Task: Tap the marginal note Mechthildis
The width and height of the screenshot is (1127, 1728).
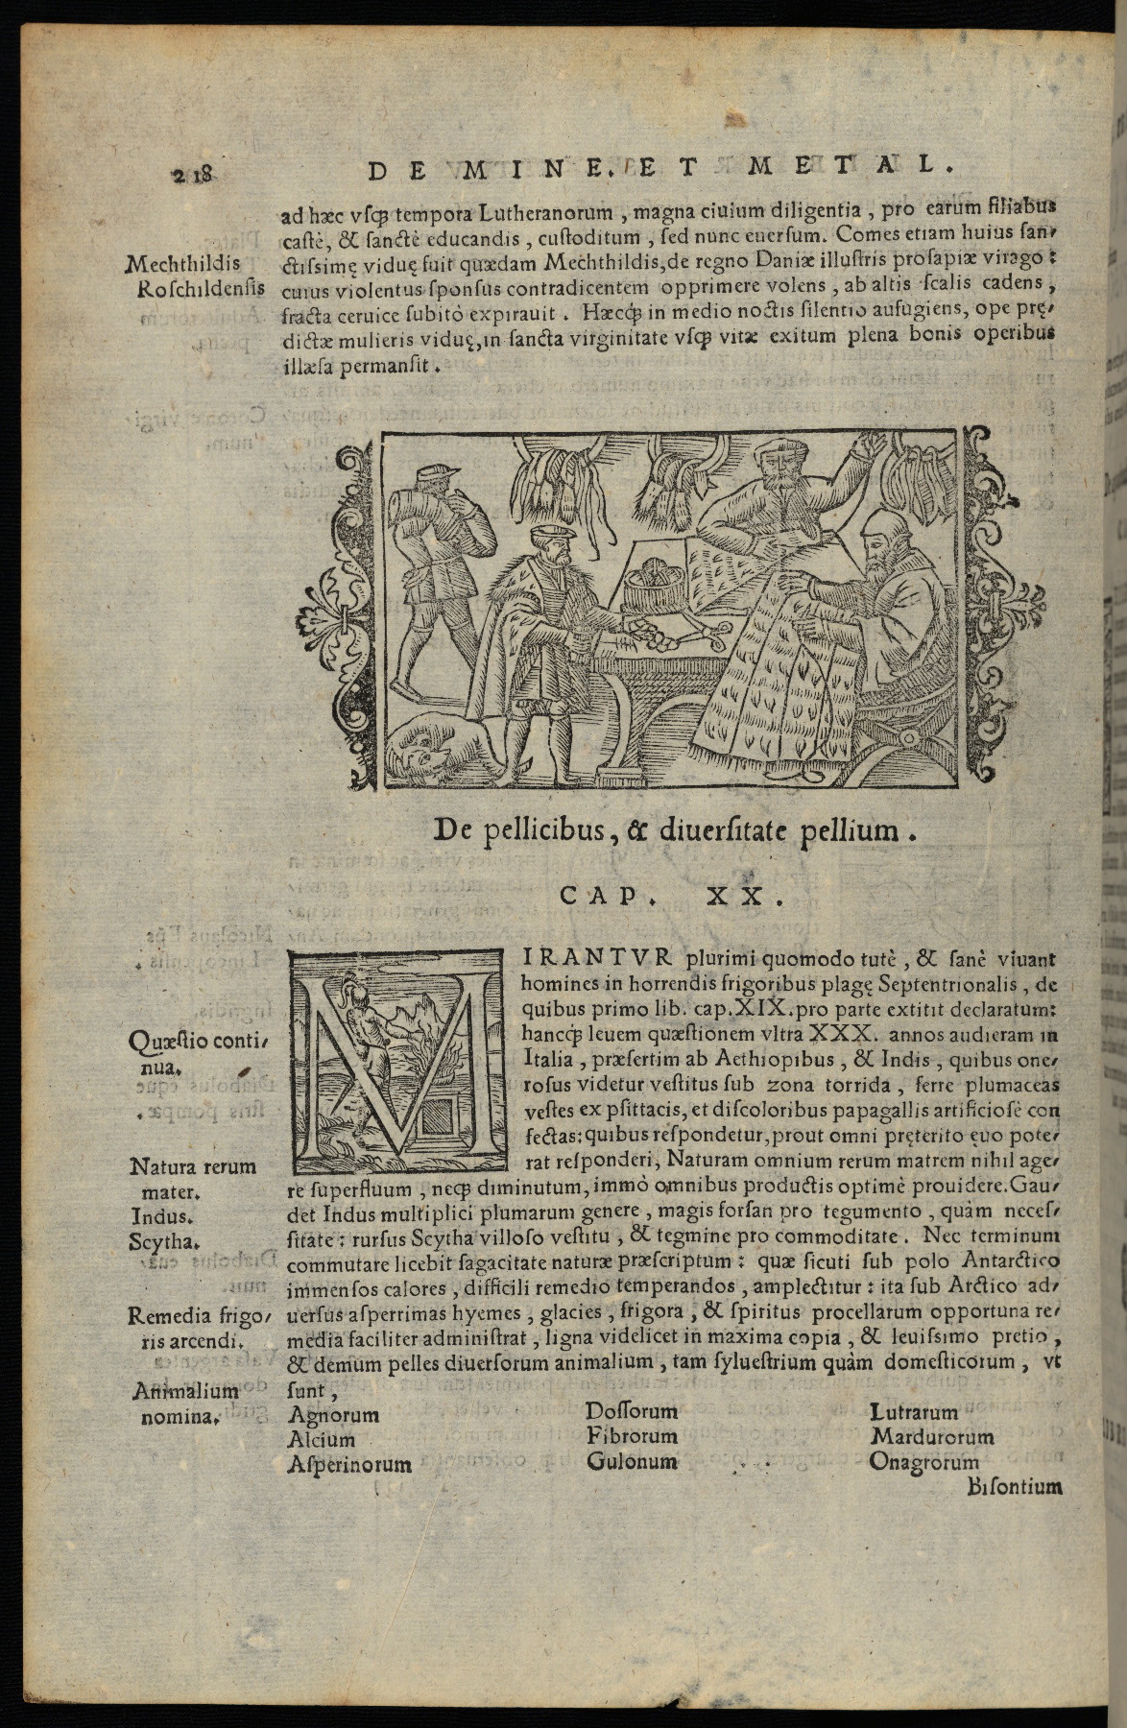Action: pos(188,262)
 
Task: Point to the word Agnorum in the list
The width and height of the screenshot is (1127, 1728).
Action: pos(333,1414)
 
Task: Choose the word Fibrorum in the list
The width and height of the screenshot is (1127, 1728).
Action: pos(632,1437)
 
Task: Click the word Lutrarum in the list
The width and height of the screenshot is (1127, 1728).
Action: pos(914,1412)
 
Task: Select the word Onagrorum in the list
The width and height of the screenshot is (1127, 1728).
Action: pos(923,1462)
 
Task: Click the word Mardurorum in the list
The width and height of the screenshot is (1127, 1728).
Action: pos(931,1437)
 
